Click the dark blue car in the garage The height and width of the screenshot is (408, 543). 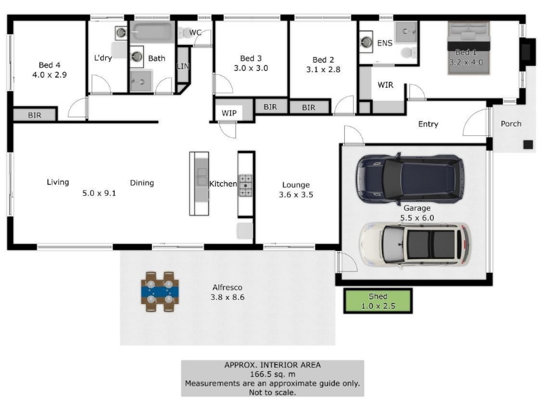click(x=411, y=179)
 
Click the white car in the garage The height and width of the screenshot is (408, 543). click(x=415, y=245)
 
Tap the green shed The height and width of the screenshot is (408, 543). click(x=378, y=301)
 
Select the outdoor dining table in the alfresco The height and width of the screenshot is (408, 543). click(x=160, y=292)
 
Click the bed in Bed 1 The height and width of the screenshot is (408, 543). click(x=469, y=48)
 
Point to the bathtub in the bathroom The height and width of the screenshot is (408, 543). click(x=152, y=32)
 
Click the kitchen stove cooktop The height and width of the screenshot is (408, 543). click(x=245, y=185)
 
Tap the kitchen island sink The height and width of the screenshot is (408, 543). click(x=202, y=177)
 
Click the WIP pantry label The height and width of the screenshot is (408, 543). click(x=229, y=113)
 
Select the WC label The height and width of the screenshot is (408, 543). click(x=195, y=33)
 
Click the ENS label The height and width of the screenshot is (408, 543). click(x=385, y=43)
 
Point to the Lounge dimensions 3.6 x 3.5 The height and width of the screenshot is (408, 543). click(x=296, y=194)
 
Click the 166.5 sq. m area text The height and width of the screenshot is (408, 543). click(x=273, y=375)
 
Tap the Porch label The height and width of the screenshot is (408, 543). click(x=511, y=124)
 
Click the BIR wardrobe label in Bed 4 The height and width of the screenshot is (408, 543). click(x=35, y=115)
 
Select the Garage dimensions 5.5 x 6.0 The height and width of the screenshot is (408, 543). click(x=417, y=218)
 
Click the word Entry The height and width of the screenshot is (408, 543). click(x=428, y=124)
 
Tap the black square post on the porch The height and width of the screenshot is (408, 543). click(x=528, y=144)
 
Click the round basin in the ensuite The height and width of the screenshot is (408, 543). click(x=367, y=41)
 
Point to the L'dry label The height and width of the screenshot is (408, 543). click(x=103, y=58)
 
